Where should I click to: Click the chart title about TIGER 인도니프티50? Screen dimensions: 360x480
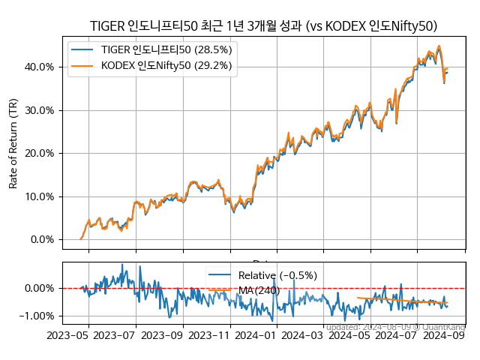click(263, 26)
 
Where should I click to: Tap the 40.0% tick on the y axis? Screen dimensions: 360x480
click(38, 67)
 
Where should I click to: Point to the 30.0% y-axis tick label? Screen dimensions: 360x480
click(38, 110)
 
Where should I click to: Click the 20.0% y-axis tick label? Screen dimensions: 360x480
click(38, 153)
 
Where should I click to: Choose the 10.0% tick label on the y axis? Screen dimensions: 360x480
click(38, 196)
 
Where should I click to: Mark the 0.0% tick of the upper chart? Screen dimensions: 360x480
click(40, 240)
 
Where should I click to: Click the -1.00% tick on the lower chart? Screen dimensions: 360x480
click(35, 316)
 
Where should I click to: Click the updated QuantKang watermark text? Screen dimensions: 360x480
click(396, 327)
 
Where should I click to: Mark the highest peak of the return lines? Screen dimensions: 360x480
click(439, 46)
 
